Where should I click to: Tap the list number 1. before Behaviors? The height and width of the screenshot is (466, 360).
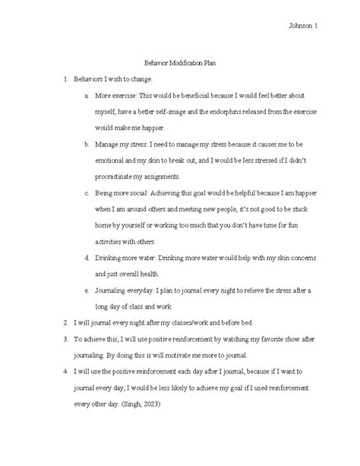point(66,80)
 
